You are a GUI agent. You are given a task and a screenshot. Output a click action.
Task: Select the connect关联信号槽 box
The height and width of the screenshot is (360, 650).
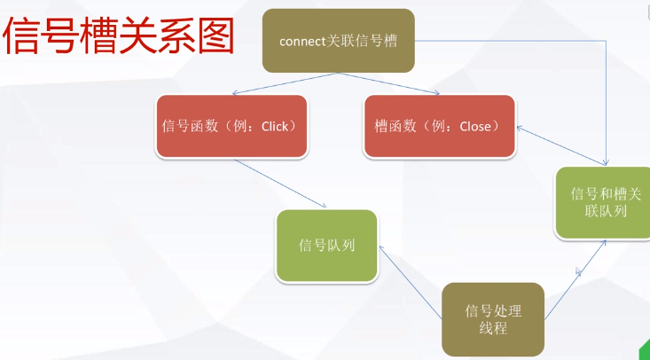[339, 41]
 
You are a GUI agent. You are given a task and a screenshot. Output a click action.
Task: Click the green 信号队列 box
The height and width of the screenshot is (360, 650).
[327, 245]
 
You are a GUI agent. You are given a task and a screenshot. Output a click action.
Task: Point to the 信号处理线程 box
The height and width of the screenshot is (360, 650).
[493, 320]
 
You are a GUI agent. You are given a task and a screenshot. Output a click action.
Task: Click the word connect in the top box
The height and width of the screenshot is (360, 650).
[302, 42]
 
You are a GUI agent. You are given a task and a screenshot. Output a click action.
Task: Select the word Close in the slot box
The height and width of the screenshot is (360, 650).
[474, 127]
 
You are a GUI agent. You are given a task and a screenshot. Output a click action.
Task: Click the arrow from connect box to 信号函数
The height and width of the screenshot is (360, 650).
[284, 82]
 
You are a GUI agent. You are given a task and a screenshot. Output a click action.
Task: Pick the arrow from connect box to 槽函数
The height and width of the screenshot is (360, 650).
[390, 82]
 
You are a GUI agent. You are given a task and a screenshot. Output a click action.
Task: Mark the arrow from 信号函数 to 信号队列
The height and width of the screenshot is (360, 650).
[279, 184]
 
